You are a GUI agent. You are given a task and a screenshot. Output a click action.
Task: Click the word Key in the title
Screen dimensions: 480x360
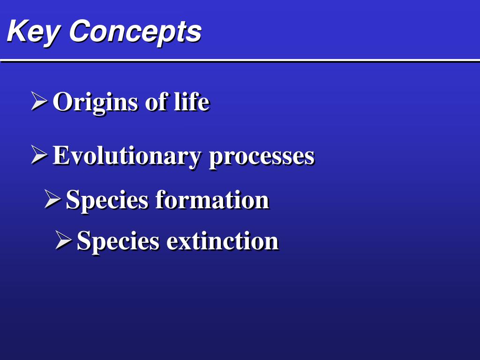click(x=33, y=32)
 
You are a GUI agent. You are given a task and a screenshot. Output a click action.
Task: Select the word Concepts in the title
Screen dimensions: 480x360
click(x=135, y=32)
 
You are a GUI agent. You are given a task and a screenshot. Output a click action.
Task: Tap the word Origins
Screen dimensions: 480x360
click(x=95, y=103)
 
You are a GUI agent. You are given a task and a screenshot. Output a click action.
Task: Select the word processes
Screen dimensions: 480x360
click(x=262, y=158)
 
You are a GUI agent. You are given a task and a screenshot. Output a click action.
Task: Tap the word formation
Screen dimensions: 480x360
click(x=212, y=200)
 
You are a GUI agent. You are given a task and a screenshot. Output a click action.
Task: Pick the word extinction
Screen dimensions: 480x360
click(x=222, y=241)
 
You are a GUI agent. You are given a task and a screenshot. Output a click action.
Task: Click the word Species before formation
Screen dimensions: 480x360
click(x=107, y=201)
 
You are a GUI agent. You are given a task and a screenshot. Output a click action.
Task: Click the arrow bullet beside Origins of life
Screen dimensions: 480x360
click(x=39, y=101)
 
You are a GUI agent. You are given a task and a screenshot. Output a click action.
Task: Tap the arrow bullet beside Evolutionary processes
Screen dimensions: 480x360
click(x=39, y=155)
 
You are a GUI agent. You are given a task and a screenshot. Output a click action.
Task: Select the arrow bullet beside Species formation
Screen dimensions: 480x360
click(x=52, y=199)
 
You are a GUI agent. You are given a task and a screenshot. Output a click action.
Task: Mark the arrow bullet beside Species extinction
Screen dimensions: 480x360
click(x=63, y=240)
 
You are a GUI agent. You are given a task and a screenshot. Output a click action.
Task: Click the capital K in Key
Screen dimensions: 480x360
click(x=18, y=30)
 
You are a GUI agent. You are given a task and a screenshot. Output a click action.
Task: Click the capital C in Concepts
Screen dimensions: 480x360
click(x=81, y=30)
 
